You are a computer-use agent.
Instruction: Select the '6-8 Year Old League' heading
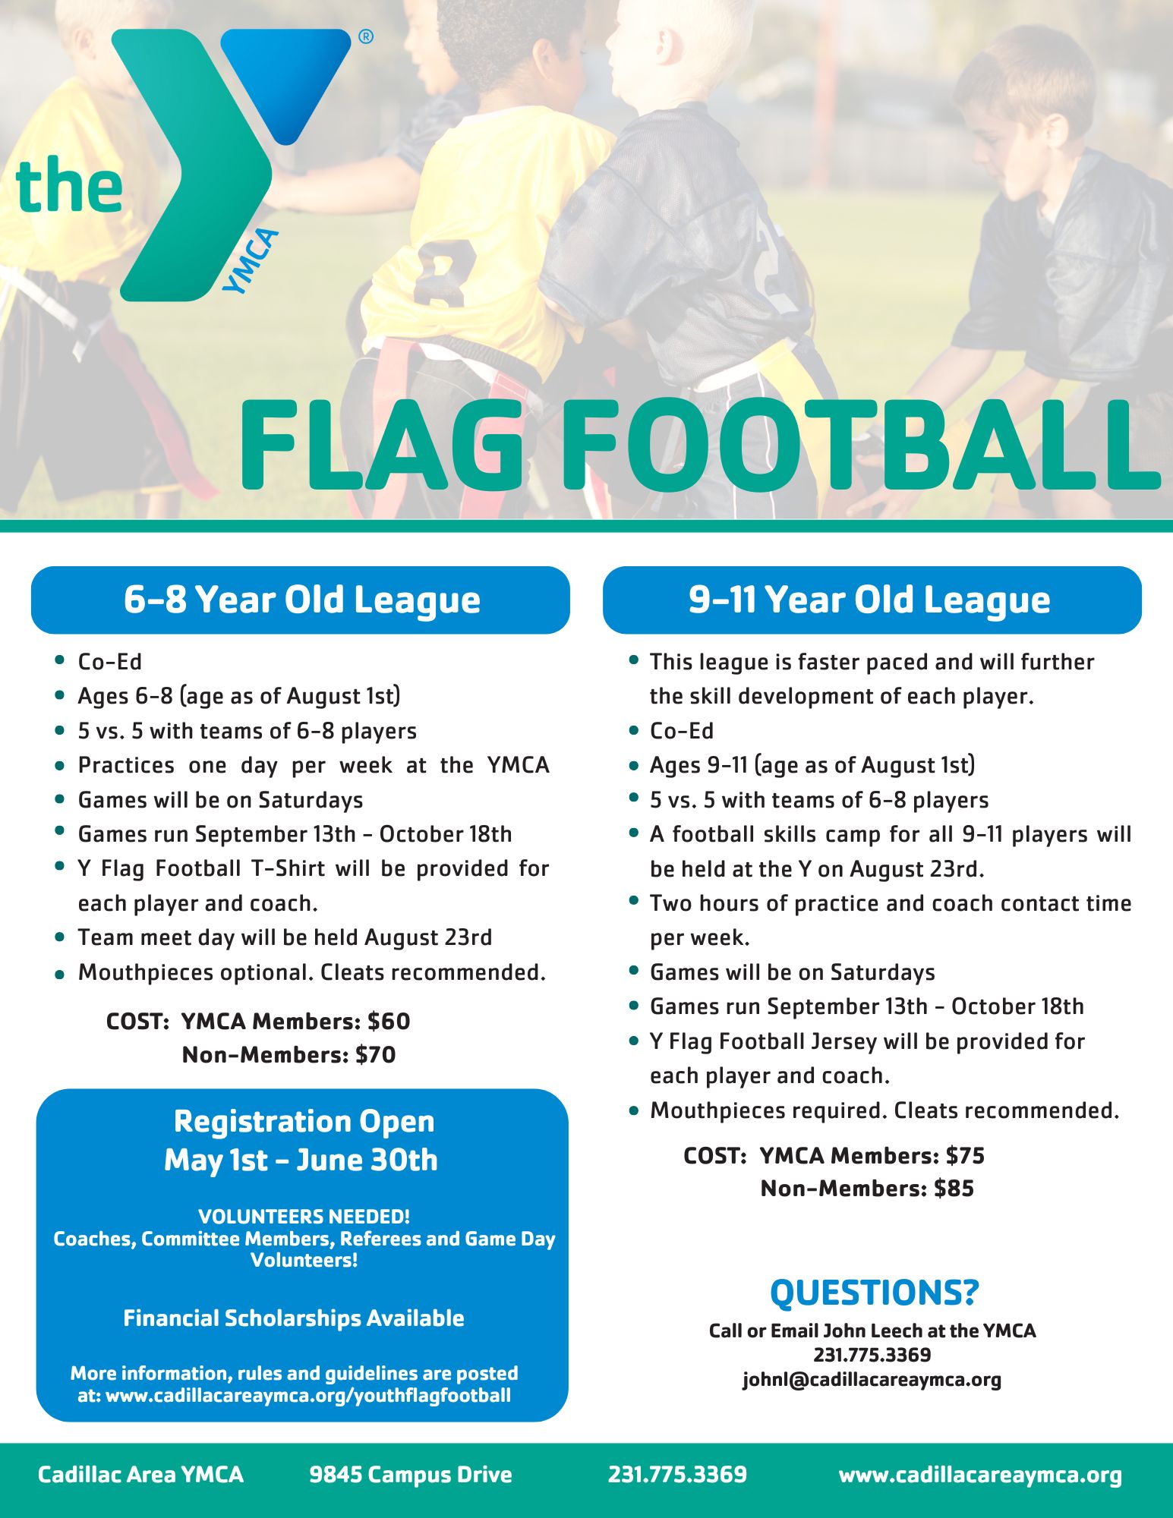pyautogui.click(x=301, y=600)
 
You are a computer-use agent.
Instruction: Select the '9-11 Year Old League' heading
pyautogui.click(x=869, y=600)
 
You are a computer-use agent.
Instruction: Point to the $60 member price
pyautogui.click(x=389, y=1021)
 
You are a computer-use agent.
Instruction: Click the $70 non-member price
pyautogui.click(x=375, y=1054)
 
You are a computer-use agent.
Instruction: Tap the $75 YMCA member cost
pyautogui.click(x=965, y=1155)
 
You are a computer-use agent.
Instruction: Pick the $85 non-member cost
pyautogui.click(x=954, y=1188)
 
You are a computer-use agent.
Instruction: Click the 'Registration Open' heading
pyautogui.click(x=304, y=1121)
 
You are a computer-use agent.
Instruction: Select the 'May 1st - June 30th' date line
pyautogui.click(x=301, y=1160)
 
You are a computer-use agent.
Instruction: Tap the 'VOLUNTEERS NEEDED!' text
pyautogui.click(x=304, y=1216)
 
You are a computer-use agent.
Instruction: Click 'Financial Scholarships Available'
pyautogui.click(x=294, y=1318)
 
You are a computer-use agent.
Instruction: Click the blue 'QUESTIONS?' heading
pyautogui.click(x=875, y=1293)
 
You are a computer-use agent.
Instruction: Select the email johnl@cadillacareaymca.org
pyautogui.click(x=872, y=1379)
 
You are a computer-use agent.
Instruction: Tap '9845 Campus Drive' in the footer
pyautogui.click(x=411, y=1474)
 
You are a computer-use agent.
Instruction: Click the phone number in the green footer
pyautogui.click(x=677, y=1474)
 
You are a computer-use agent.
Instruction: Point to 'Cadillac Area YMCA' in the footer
pyautogui.click(x=140, y=1474)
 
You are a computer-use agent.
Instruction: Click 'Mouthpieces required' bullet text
pyautogui.click(x=768, y=1110)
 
